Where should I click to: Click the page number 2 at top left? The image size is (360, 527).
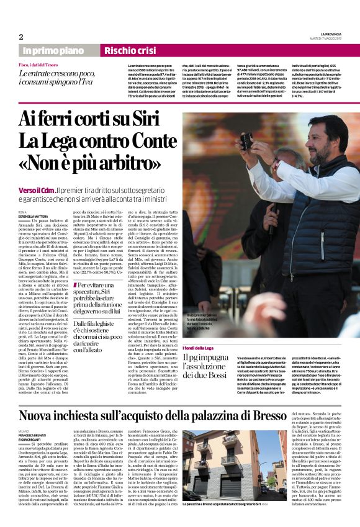[x=20, y=37]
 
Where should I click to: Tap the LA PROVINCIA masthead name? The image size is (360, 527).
[x=335, y=34]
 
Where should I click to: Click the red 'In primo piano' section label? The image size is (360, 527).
[x=56, y=50]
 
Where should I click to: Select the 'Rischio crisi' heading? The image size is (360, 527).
[x=130, y=50]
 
